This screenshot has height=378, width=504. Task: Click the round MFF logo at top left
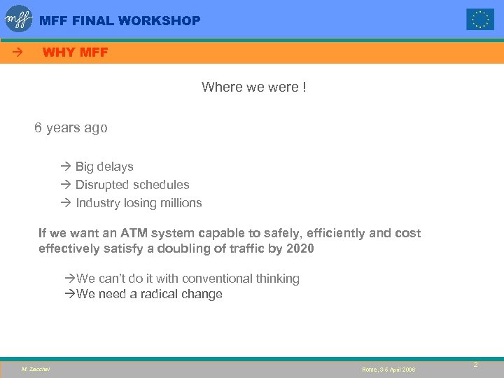19,19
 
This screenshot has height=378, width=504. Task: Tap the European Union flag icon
480,20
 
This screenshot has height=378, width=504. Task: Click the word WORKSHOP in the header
160,21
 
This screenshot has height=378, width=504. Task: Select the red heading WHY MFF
75,52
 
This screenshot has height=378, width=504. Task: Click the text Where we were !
253,87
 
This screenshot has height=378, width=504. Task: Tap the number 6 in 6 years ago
39,128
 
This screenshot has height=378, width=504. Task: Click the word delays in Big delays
115,167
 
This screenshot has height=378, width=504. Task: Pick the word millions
181,203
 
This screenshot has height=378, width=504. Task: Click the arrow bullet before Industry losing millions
66,203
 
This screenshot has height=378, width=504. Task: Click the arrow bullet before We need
69,294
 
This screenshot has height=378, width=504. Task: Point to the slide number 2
475,365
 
